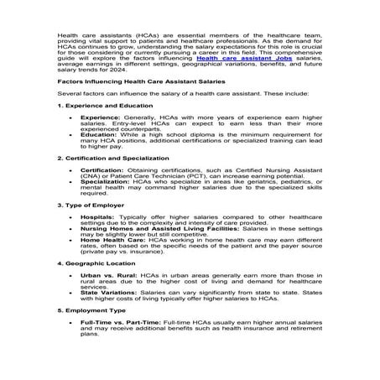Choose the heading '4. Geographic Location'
tap(91, 263)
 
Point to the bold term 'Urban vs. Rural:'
tap(105, 274)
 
